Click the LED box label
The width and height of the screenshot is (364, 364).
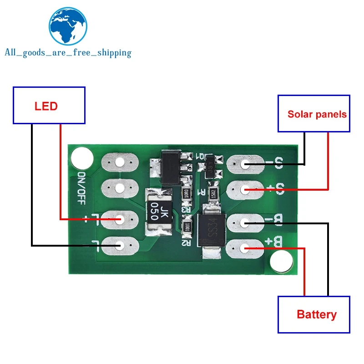(x=46, y=106)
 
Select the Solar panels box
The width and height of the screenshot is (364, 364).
(x=317, y=114)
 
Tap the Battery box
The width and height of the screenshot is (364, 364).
(x=316, y=314)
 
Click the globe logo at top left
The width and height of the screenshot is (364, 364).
(x=68, y=27)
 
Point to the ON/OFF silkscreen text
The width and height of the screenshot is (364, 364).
(x=82, y=187)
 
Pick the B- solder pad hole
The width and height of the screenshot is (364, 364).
(x=245, y=222)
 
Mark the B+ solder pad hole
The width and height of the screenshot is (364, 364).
(x=245, y=248)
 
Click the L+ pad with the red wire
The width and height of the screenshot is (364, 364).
(x=120, y=220)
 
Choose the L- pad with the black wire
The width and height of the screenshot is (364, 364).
(x=120, y=246)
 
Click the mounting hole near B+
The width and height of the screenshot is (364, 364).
(x=281, y=262)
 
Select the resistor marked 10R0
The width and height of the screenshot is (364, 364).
(x=186, y=193)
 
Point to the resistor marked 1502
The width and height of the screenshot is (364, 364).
(x=213, y=193)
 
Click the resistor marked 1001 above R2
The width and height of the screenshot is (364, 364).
(x=186, y=226)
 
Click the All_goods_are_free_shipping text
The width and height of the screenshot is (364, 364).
(x=68, y=53)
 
